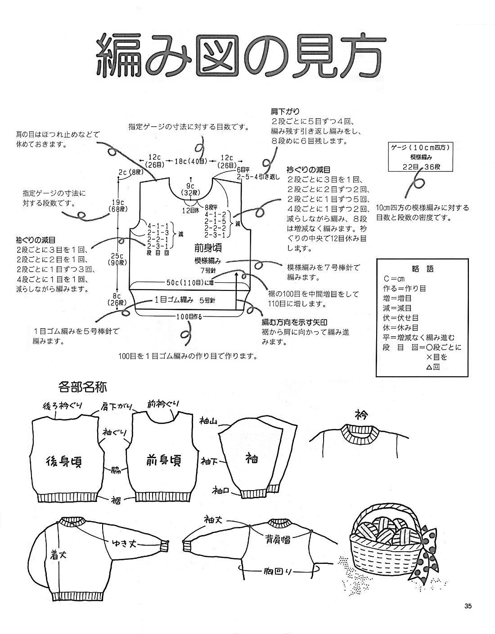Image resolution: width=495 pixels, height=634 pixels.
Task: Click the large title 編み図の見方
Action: click(238, 57)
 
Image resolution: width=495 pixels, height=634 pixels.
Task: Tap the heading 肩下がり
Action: click(285, 111)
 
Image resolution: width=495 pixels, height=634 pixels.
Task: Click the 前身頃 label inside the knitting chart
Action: click(209, 248)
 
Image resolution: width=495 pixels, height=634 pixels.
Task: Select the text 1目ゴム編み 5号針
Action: click(184, 300)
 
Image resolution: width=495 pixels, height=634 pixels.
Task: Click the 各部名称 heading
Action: click(82, 386)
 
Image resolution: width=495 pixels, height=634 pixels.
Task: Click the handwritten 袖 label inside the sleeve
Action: click(251, 458)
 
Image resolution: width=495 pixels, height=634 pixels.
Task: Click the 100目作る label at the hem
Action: click(189, 317)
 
